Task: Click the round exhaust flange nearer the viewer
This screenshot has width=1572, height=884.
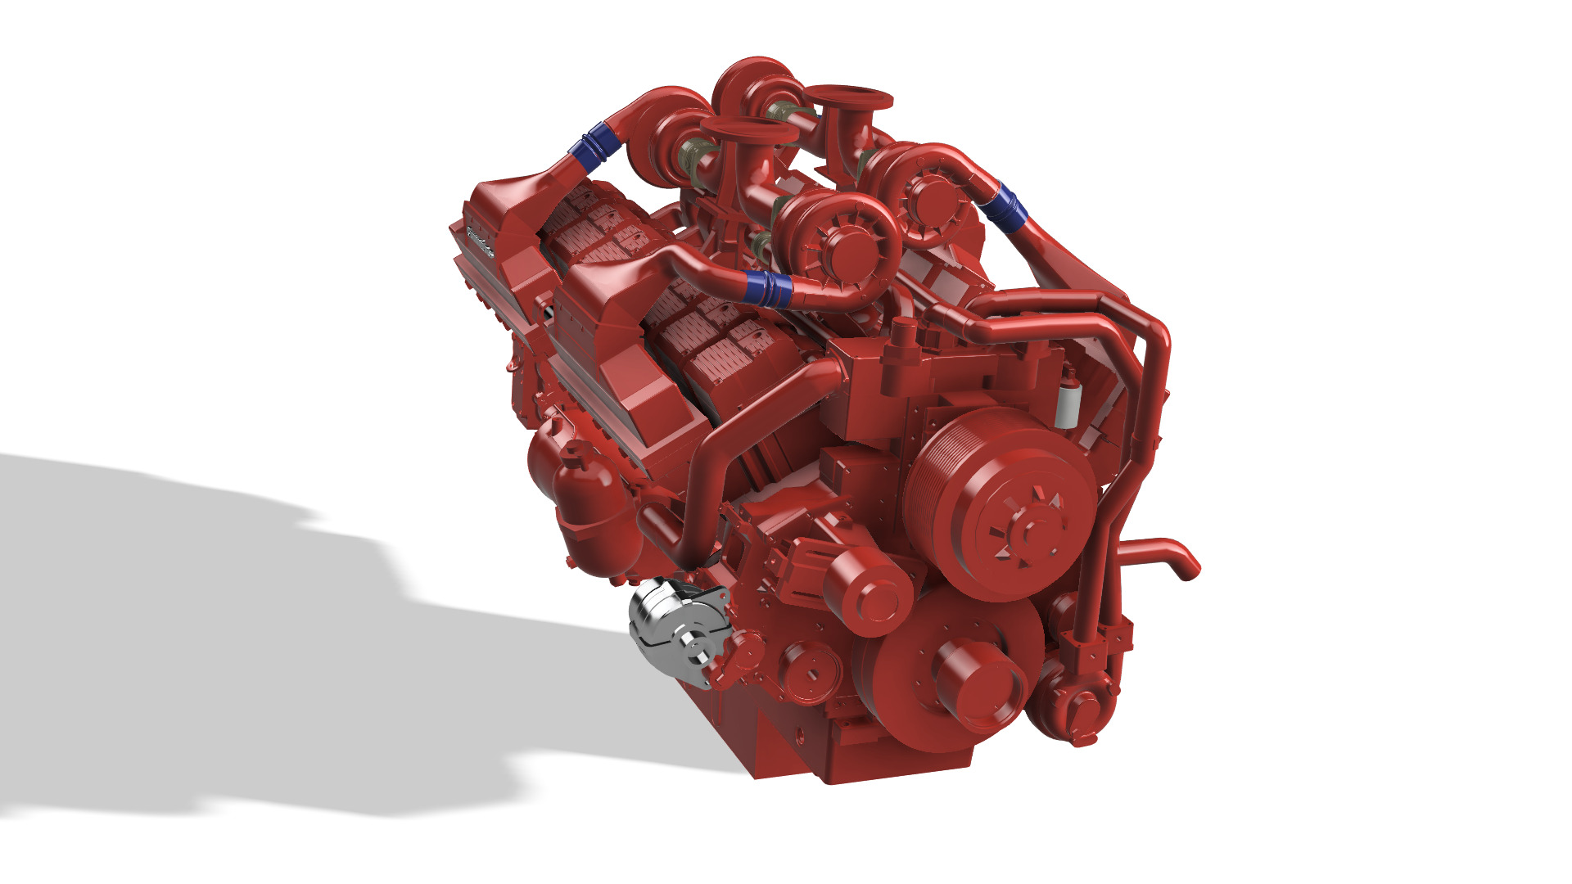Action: [748, 131]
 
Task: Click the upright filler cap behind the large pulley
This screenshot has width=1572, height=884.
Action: [903, 336]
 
